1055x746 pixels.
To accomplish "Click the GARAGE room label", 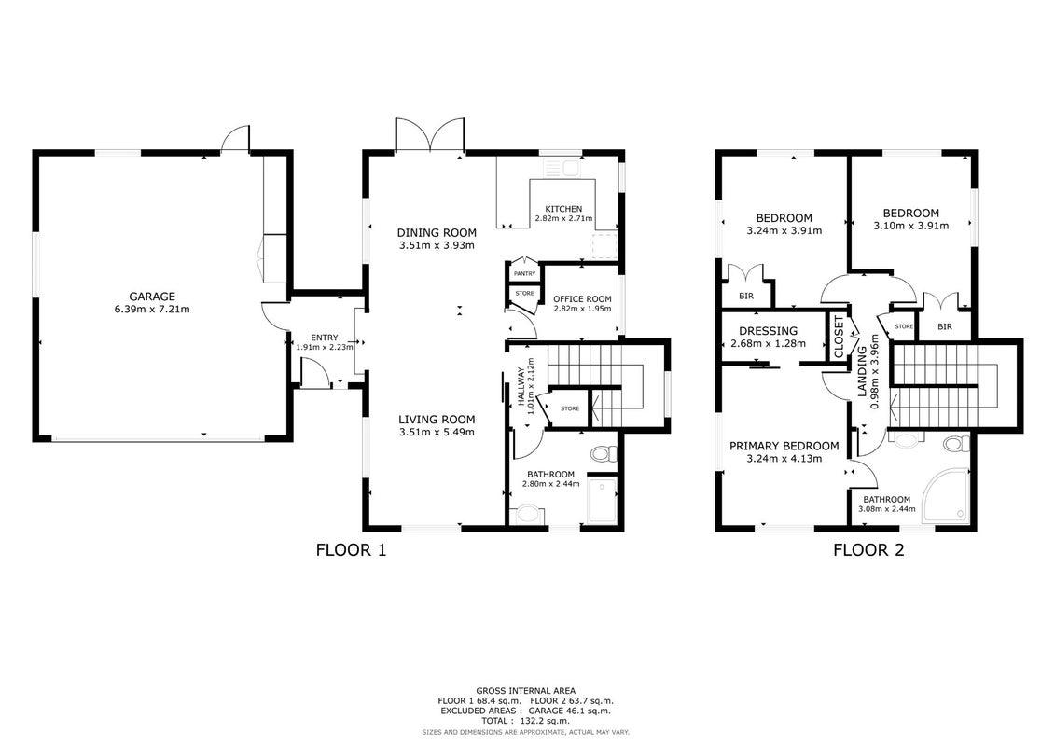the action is [x=152, y=296].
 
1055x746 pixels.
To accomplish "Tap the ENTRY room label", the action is [x=325, y=338].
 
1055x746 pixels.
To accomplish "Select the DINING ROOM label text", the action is [x=437, y=233].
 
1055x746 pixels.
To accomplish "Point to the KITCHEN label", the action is [x=563, y=209].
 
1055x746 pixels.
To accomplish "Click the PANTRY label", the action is [x=525, y=274].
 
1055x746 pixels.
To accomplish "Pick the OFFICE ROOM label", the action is [x=583, y=299].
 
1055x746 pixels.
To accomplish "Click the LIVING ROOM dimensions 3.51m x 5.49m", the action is [x=437, y=432].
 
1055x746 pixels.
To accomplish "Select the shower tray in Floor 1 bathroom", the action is [x=603, y=500].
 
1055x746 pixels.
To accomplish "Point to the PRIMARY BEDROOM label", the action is [x=784, y=446].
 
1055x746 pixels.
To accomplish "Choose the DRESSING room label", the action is [x=769, y=331].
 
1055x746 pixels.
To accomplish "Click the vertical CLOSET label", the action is [x=839, y=337].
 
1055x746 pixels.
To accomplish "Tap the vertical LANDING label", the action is [x=863, y=372].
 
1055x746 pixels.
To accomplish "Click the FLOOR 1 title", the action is [x=352, y=550].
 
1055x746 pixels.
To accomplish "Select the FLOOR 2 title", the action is [x=868, y=550].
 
